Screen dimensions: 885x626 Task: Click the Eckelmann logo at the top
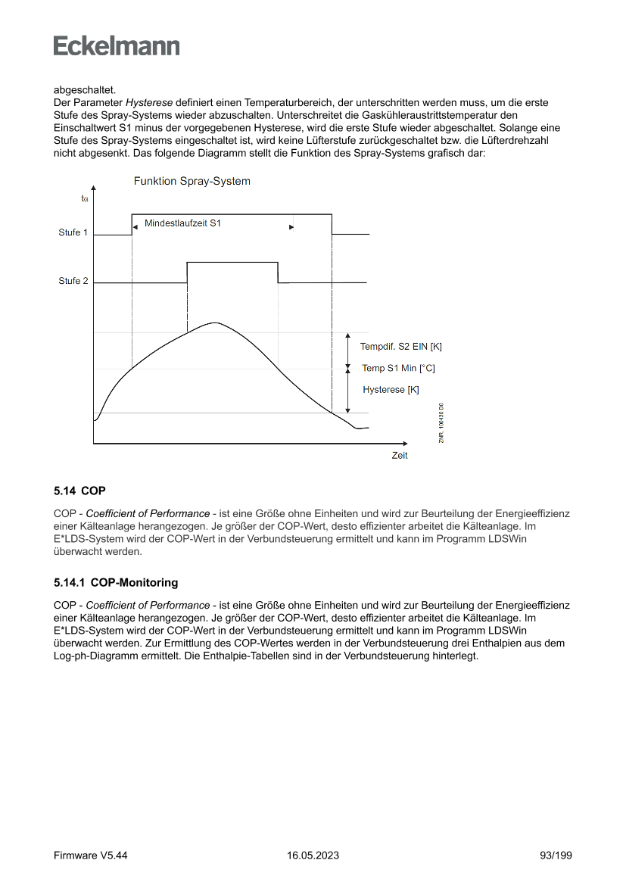117,46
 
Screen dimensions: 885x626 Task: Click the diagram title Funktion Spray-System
192,182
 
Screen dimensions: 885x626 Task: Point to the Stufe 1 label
73,232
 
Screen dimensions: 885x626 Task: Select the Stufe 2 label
73,281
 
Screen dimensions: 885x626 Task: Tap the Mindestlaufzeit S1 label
182,223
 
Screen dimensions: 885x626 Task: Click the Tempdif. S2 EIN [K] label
400,347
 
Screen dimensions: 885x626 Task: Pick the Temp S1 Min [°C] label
398,369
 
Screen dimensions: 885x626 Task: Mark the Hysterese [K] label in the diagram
391,390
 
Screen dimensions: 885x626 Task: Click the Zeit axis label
400,456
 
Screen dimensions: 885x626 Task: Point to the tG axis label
85,198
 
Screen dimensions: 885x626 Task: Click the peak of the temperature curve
216,323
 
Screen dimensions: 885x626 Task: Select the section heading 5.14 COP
79,491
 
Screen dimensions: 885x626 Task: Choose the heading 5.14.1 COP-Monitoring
116,583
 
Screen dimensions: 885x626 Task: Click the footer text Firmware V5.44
90,855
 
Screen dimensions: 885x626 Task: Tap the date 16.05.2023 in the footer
313,855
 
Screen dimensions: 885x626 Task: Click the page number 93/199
556,855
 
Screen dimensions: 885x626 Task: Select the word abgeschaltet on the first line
85,89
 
